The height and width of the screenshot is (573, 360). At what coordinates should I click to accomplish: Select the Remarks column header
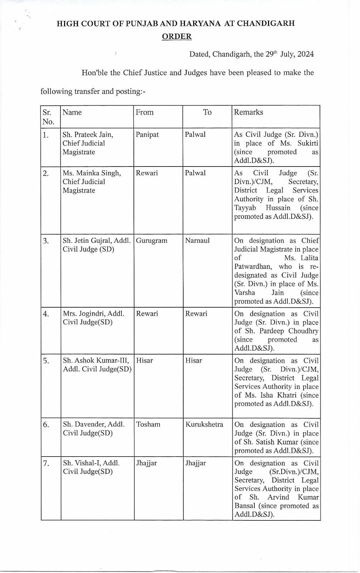click(248, 112)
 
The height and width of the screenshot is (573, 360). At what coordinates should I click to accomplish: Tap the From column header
click(145, 112)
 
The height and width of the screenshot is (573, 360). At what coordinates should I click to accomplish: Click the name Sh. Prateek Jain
click(88, 135)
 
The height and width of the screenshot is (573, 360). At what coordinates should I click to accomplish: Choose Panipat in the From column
click(147, 135)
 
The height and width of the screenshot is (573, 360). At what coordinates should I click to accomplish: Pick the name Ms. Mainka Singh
click(92, 173)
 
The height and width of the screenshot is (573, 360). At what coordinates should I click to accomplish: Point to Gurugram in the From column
click(151, 240)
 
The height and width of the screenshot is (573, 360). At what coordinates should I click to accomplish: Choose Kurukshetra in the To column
click(204, 424)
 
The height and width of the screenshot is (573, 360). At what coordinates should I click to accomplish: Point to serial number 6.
click(46, 425)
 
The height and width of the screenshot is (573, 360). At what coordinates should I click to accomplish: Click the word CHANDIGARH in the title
click(266, 24)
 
